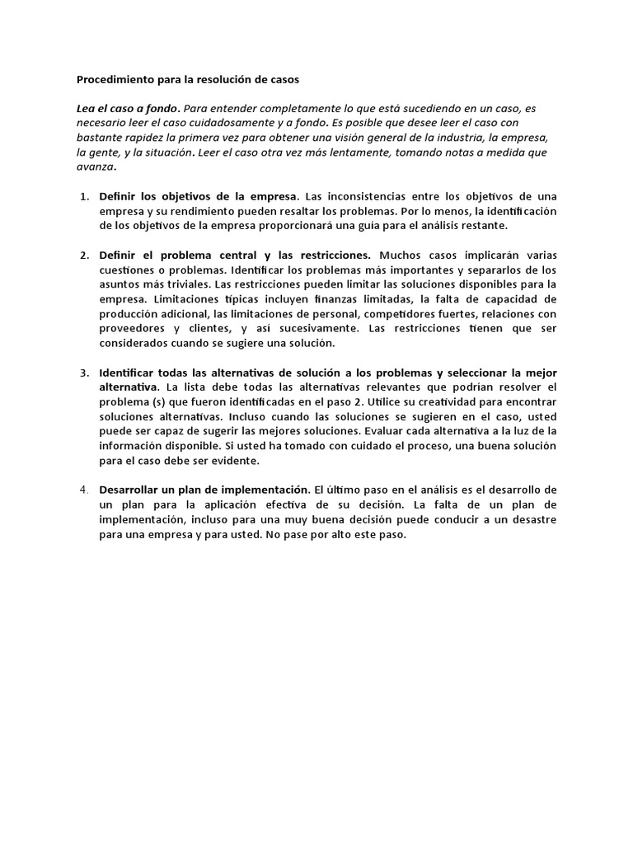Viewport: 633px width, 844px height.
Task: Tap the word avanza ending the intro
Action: (x=96, y=167)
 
